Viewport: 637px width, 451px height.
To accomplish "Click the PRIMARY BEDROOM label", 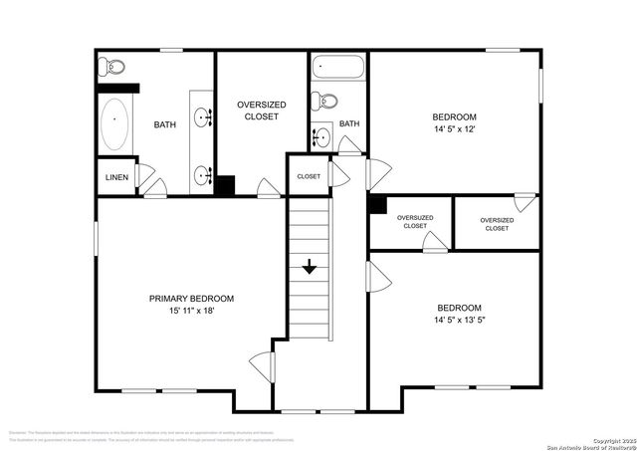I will (191, 298).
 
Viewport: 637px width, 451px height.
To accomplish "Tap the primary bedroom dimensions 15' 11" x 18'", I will (191, 311).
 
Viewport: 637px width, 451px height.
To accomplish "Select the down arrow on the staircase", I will (309, 266).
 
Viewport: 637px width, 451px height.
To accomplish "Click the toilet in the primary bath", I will (111, 67).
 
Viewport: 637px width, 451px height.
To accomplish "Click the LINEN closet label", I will (115, 177).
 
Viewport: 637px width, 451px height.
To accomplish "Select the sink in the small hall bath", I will (321, 137).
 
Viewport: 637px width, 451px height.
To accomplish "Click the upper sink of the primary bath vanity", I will (204, 118).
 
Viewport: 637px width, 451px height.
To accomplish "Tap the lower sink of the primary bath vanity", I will (204, 175).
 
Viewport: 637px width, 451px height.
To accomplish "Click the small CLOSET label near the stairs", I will (309, 176).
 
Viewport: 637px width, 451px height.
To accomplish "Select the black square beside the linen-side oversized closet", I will (225, 185).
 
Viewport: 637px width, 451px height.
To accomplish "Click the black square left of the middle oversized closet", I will (376, 204).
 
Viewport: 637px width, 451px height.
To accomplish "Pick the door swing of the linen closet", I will (145, 179).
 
